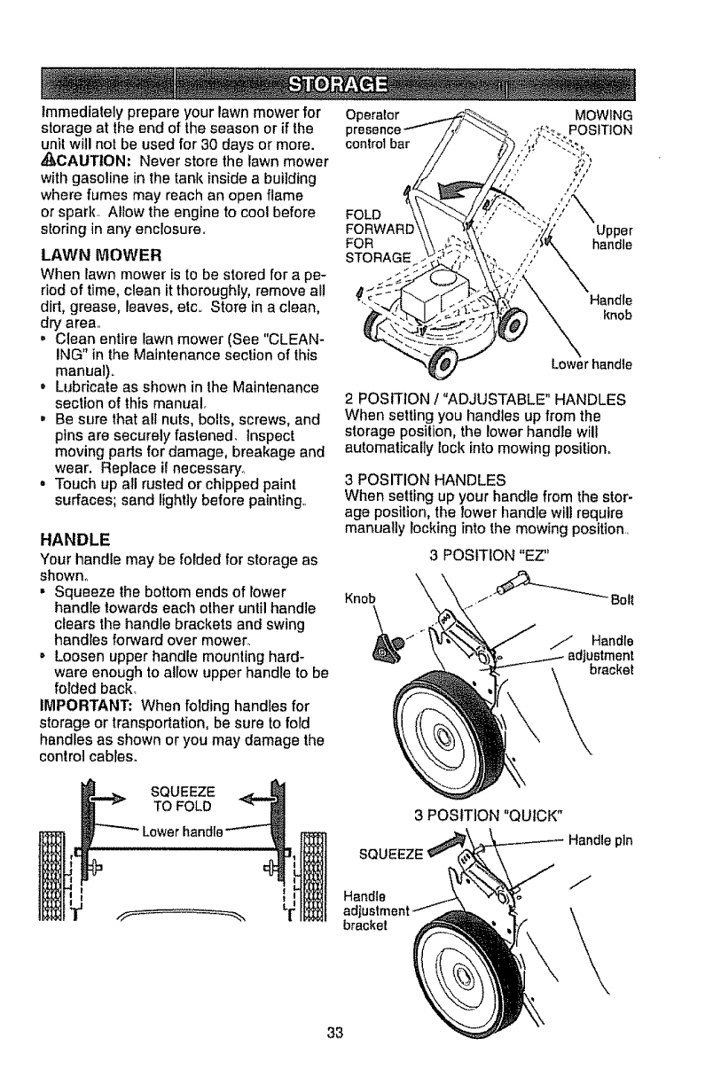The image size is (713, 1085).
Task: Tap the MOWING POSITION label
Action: point(602,124)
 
